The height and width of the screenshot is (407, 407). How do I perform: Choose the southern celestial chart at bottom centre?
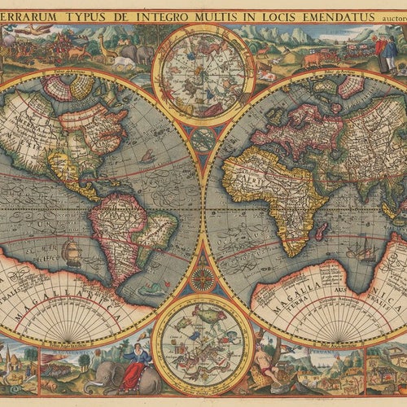point(202,343)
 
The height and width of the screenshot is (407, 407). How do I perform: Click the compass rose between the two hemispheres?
point(202,278)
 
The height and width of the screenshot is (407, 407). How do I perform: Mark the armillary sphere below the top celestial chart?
point(202,139)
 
